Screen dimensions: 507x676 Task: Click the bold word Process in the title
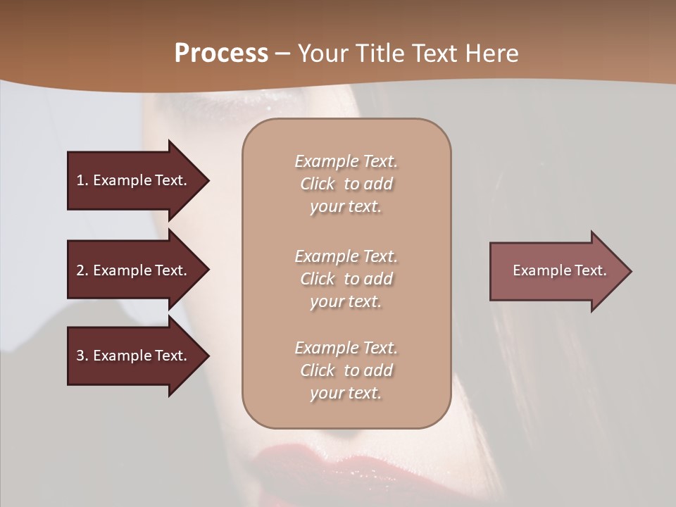point(221,54)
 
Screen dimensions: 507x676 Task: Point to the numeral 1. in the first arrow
point(82,180)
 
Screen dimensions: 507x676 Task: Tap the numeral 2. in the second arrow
point(82,270)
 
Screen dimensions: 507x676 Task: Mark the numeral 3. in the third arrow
point(82,356)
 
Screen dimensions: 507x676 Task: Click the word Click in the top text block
point(318,184)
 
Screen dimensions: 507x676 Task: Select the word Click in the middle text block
point(318,279)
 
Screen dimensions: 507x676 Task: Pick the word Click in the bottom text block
point(318,370)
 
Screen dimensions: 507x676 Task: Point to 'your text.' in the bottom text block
point(346,393)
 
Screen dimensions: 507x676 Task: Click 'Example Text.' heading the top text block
point(346,161)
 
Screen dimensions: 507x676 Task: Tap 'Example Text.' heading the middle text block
point(346,256)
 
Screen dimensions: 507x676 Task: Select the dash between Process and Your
point(283,54)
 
